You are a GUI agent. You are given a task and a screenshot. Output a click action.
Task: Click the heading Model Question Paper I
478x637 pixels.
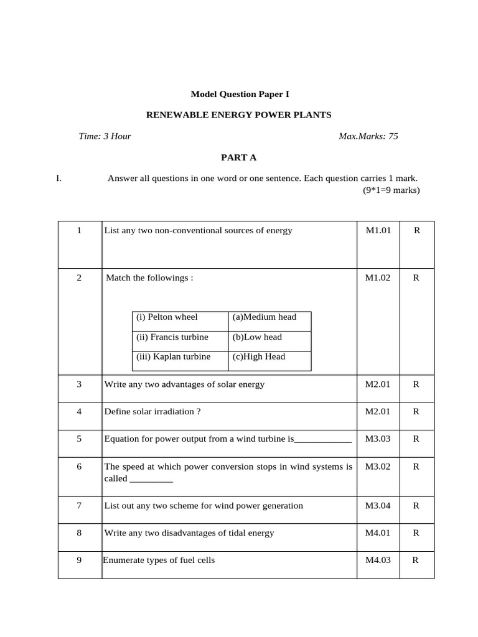point(240,95)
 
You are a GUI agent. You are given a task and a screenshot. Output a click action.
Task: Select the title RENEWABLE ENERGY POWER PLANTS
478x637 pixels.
point(238,115)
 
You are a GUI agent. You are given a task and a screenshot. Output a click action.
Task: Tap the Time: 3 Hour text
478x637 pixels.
point(105,136)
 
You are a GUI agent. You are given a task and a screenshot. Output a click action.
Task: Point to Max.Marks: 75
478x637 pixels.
point(368,136)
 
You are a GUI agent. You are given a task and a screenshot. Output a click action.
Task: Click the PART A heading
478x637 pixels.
point(239,158)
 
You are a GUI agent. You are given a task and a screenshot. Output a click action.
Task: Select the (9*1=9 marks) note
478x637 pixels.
point(391,190)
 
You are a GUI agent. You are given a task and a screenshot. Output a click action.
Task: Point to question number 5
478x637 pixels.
point(79,439)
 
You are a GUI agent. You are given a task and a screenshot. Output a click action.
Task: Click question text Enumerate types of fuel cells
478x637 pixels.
point(159,560)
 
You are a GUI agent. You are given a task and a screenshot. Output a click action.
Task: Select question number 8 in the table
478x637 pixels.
point(79,533)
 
